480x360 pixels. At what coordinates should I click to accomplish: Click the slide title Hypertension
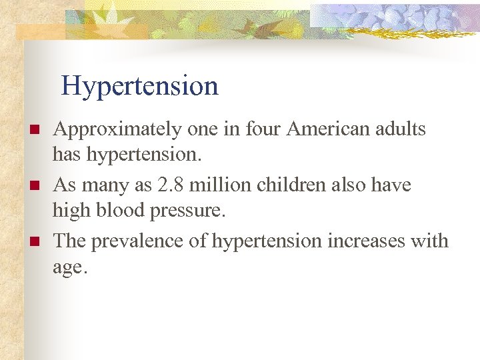(x=139, y=86)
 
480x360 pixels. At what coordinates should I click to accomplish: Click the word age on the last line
(x=67, y=268)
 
